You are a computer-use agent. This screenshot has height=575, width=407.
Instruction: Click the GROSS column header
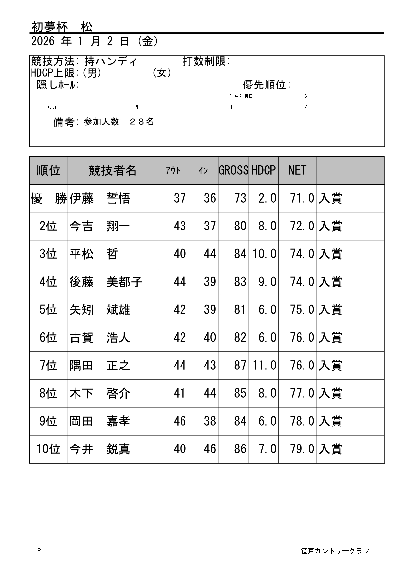(x=233, y=170)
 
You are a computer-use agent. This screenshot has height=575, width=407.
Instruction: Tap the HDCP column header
(x=264, y=170)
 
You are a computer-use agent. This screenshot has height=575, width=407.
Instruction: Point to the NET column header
(x=297, y=170)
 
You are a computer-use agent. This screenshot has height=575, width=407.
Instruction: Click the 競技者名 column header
(x=112, y=170)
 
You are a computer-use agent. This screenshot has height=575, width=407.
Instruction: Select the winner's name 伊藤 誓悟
(x=100, y=199)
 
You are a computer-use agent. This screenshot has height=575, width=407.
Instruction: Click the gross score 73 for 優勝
(x=240, y=198)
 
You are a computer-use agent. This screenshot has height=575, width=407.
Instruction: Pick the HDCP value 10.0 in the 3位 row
(x=265, y=254)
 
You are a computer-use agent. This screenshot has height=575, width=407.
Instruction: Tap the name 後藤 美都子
(x=106, y=282)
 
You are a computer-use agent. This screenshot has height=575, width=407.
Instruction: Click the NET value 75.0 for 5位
(x=302, y=310)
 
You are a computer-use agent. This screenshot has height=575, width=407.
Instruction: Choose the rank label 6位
(x=48, y=338)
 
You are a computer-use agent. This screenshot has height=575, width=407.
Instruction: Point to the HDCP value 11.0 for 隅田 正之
(x=265, y=366)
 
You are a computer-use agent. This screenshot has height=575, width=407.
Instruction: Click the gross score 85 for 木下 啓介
(x=240, y=393)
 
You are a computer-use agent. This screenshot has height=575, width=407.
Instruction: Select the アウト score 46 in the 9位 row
(x=180, y=421)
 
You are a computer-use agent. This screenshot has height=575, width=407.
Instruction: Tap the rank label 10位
(x=48, y=449)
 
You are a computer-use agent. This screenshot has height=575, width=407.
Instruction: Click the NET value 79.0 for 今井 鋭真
(x=302, y=449)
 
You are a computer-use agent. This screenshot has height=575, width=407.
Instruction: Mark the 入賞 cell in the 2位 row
(x=330, y=227)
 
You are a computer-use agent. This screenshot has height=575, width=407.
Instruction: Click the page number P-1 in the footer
(x=42, y=551)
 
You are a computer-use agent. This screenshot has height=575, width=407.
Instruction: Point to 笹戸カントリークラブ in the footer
(x=335, y=551)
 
